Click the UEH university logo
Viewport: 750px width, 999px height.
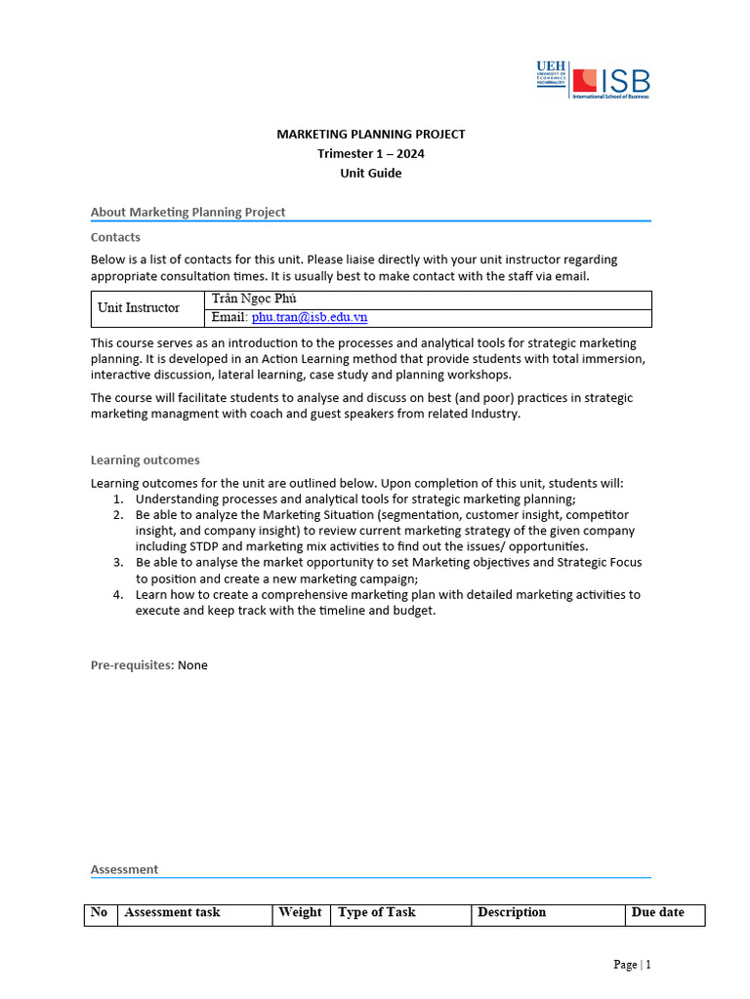551,75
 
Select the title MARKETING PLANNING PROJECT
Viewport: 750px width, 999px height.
371,135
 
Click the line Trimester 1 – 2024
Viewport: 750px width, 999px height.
371,154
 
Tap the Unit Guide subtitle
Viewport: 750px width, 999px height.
371,174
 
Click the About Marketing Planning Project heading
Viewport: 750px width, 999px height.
187,212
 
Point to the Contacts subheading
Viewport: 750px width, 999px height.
115,237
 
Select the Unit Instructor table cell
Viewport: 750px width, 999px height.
139,308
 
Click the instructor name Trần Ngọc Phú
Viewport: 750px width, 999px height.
254,300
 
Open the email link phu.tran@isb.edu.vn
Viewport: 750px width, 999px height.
309,318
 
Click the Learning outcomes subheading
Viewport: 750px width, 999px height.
145,460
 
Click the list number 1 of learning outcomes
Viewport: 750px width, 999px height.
118,499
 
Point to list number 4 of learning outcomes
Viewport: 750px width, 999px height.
118,594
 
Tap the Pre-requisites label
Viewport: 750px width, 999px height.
132,665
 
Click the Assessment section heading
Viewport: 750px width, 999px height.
124,869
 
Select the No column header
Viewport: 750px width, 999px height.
99,913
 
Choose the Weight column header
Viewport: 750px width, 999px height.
300,913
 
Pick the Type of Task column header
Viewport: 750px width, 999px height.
377,913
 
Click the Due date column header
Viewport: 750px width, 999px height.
657,913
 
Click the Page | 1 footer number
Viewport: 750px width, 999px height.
632,965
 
